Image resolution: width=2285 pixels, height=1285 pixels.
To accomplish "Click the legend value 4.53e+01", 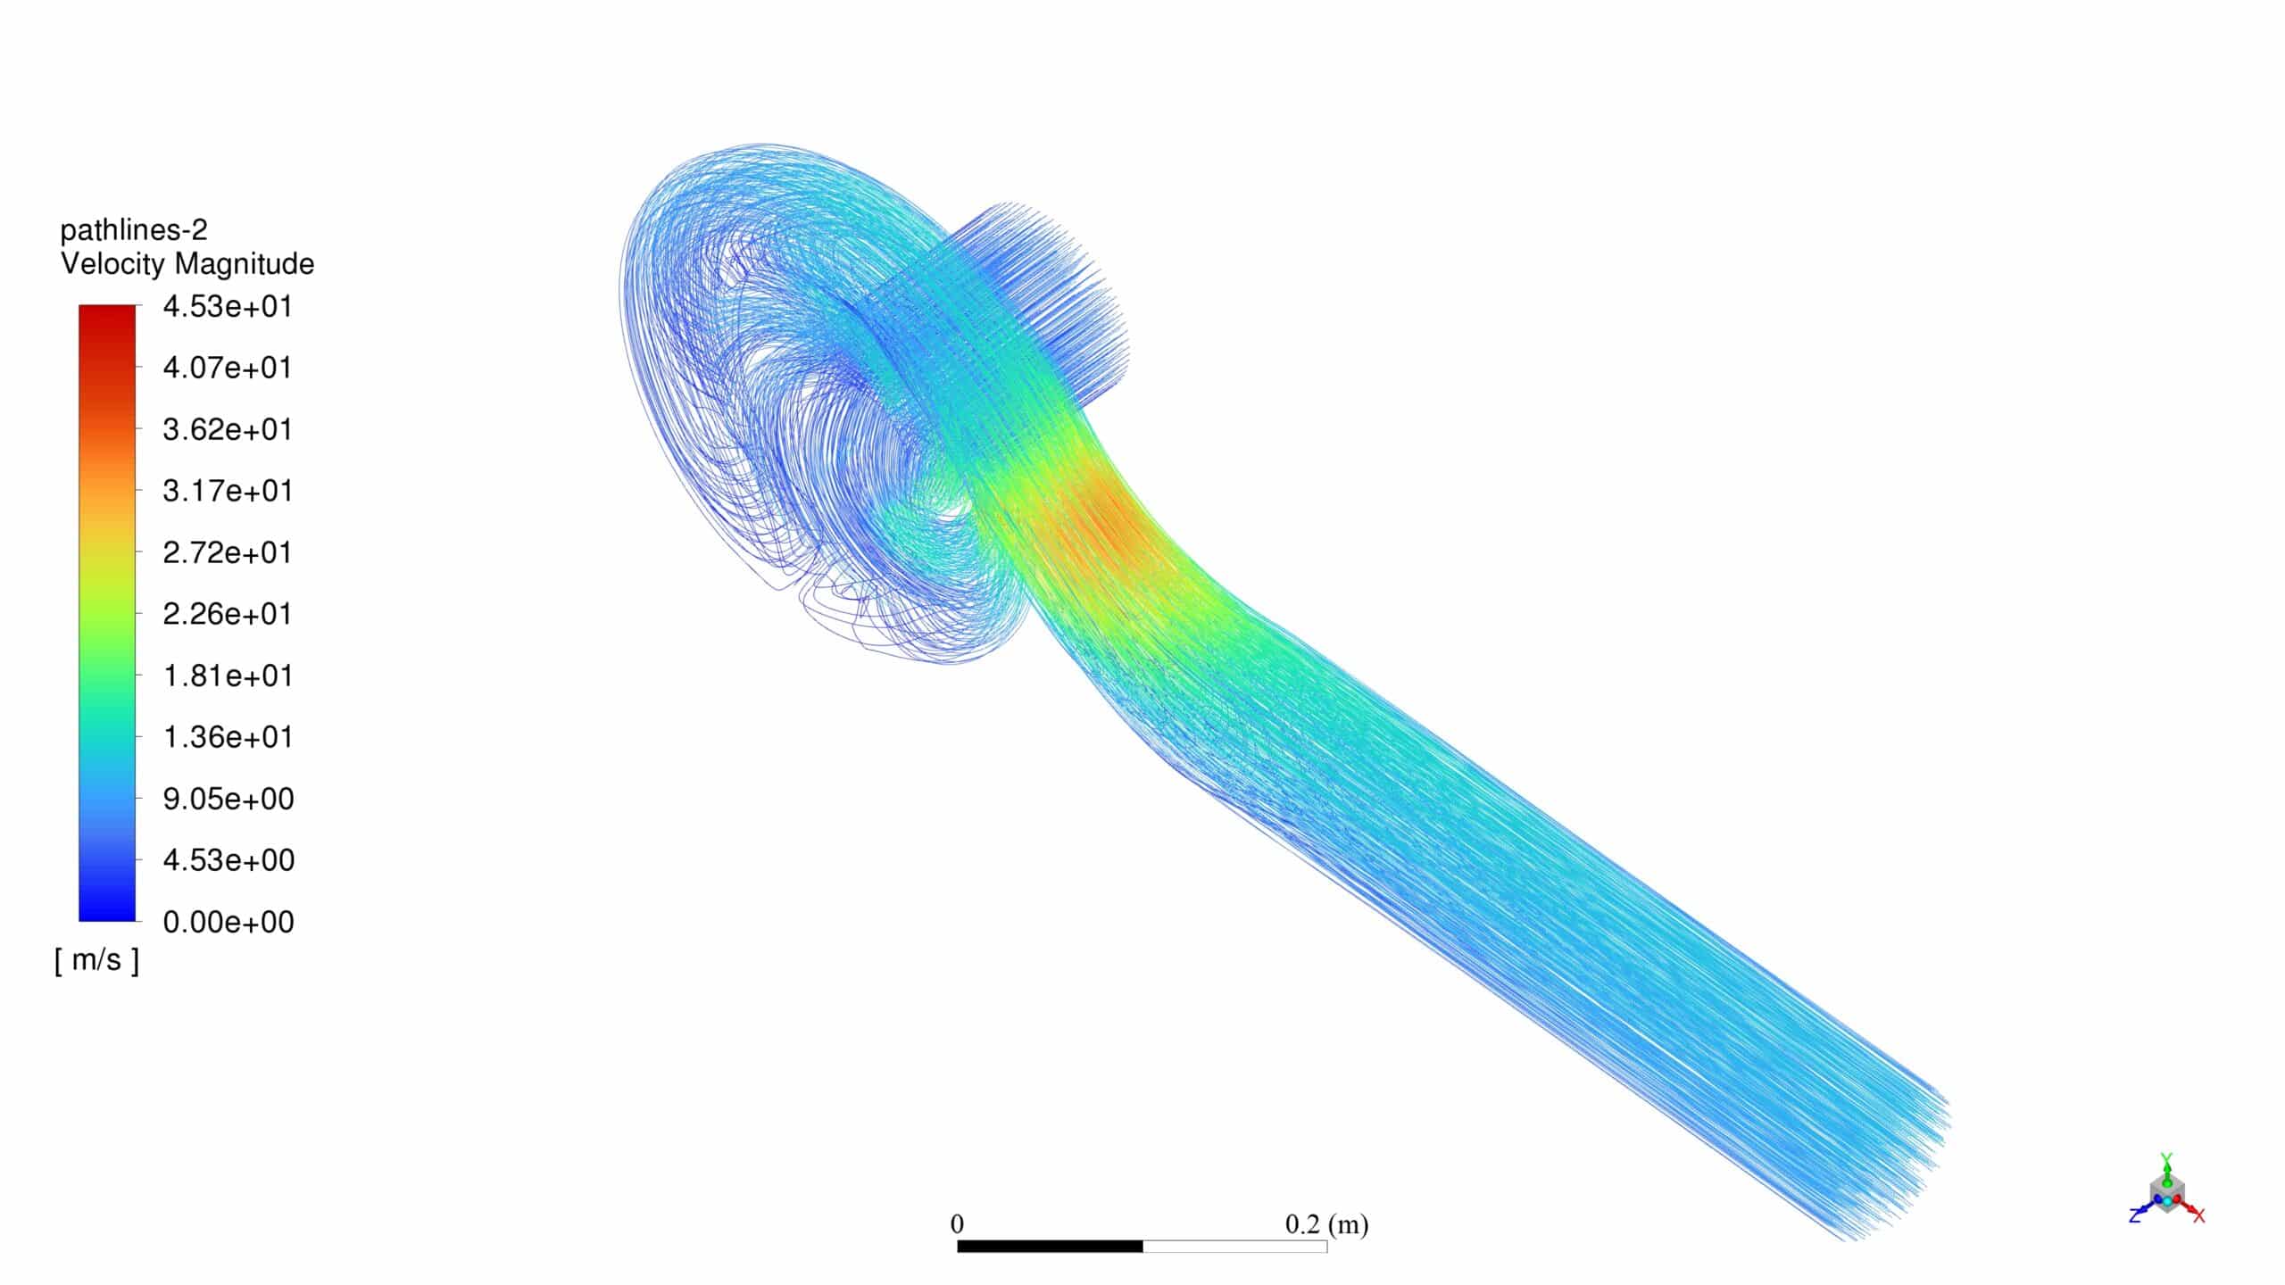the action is point(228,307).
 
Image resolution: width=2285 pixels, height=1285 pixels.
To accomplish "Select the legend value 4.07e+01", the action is point(228,368).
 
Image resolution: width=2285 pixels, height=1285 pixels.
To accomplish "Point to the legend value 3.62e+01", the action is point(228,429).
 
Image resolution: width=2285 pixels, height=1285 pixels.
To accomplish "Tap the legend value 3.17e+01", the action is point(228,491).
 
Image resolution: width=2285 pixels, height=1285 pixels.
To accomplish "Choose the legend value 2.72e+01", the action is point(228,552).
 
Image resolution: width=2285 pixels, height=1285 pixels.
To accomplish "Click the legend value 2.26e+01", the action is point(228,614).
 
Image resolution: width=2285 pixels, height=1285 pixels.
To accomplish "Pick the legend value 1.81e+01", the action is point(228,676).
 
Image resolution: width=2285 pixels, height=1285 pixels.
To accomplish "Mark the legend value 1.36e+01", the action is point(228,737).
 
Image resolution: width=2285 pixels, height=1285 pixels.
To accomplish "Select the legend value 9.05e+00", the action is point(228,799).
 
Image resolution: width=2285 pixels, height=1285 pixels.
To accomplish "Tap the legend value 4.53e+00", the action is point(228,860).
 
